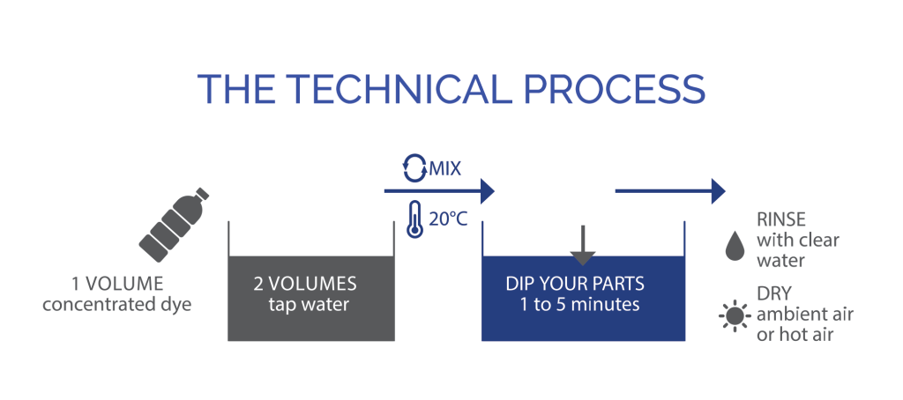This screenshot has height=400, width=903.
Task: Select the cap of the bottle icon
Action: (202, 193)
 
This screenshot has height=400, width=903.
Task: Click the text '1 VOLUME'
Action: (117, 283)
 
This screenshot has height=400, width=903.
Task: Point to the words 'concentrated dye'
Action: (117, 304)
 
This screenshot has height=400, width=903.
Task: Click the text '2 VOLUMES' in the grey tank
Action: (305, 283)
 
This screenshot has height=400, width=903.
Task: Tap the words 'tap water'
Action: (309, 304)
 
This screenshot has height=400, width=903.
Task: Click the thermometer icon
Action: (414, 219)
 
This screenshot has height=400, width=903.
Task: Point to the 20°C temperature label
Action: (448, 219)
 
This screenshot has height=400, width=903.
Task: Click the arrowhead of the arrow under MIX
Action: (487, 190)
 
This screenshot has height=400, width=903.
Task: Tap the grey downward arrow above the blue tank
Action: (583, 245)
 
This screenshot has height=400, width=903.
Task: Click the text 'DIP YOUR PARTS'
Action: (575, 284)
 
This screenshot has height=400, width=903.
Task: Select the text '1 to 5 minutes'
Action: (580, 304)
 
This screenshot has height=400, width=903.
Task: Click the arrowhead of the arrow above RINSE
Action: (718, 190)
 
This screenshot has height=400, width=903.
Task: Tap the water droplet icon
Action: (735, 247)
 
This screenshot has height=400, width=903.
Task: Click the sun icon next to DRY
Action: (735, 316)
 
